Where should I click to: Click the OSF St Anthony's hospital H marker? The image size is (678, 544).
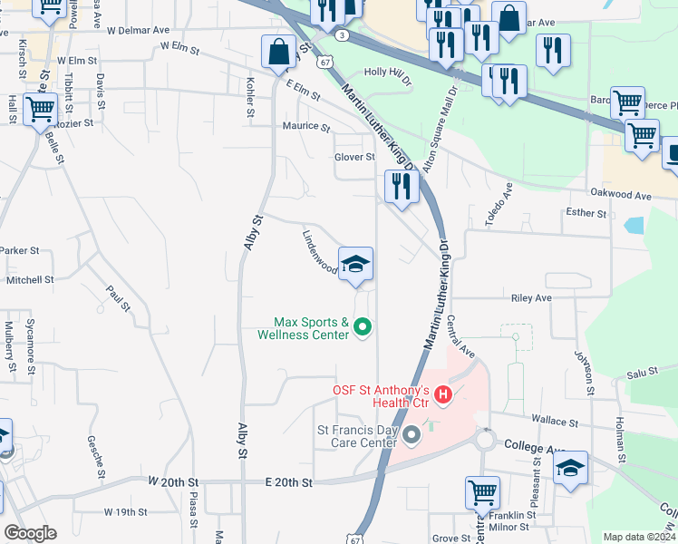[443, 394]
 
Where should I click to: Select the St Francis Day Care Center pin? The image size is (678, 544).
[412, 436]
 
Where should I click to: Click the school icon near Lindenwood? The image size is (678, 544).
[355, 265]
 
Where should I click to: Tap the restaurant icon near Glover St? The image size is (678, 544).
[401, 187]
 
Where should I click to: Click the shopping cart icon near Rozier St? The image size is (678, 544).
[40, 111]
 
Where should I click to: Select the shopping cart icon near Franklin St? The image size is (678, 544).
[482, 493]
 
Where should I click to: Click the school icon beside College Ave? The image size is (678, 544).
[570, 468]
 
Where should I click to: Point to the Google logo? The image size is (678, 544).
[29, 533]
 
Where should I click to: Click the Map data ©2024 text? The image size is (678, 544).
[639, 537]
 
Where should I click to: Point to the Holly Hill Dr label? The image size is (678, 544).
[387, 72]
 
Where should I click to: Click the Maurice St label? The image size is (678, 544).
[305, 127]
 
